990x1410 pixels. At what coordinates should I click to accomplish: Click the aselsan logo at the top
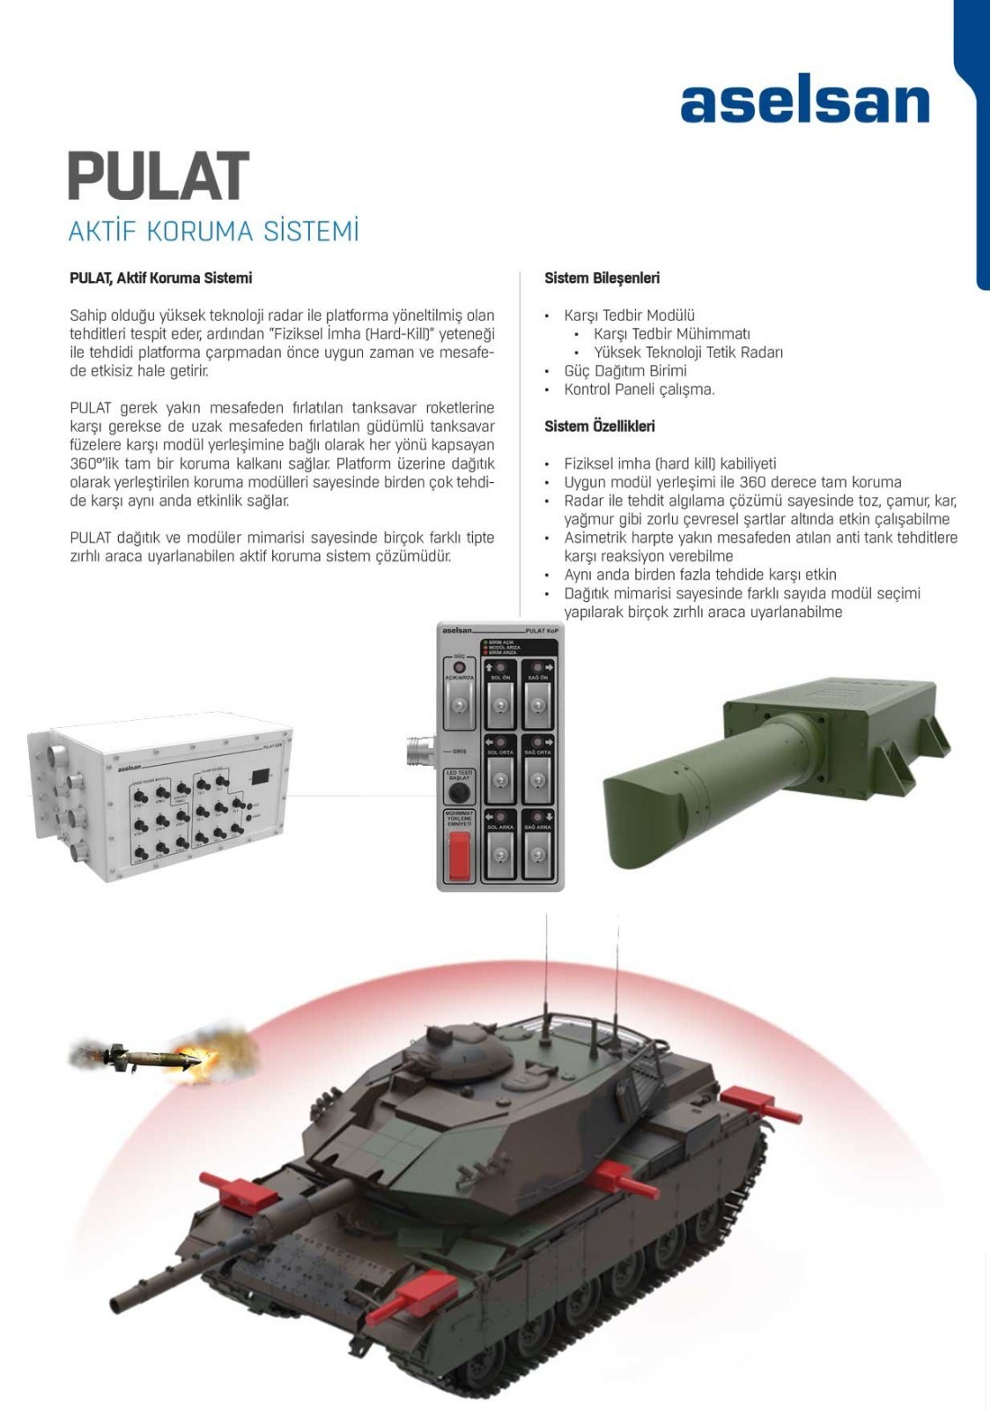[x=804, y=104]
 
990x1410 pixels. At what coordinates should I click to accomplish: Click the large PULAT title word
[x=159, y=176]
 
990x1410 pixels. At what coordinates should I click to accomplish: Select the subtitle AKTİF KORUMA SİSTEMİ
[x=214, y=231]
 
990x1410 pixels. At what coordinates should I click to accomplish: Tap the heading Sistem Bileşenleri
[x=602, y=278]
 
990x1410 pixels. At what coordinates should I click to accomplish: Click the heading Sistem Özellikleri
[x=599, y=426]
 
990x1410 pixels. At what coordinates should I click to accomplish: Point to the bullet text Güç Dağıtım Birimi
[x=625, y=370]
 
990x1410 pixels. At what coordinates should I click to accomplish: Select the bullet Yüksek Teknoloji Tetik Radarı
[x=688, y=352]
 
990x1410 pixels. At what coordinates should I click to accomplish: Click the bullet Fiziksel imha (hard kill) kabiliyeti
[x=670, y=464]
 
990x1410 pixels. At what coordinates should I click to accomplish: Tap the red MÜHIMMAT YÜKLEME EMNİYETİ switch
[x=459, y=855]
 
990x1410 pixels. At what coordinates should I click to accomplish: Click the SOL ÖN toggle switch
[x=500, y=705]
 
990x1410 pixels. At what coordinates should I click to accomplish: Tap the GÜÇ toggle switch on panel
[x=459, y=706]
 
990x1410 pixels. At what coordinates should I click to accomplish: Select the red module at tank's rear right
[x=749, y=1098]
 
